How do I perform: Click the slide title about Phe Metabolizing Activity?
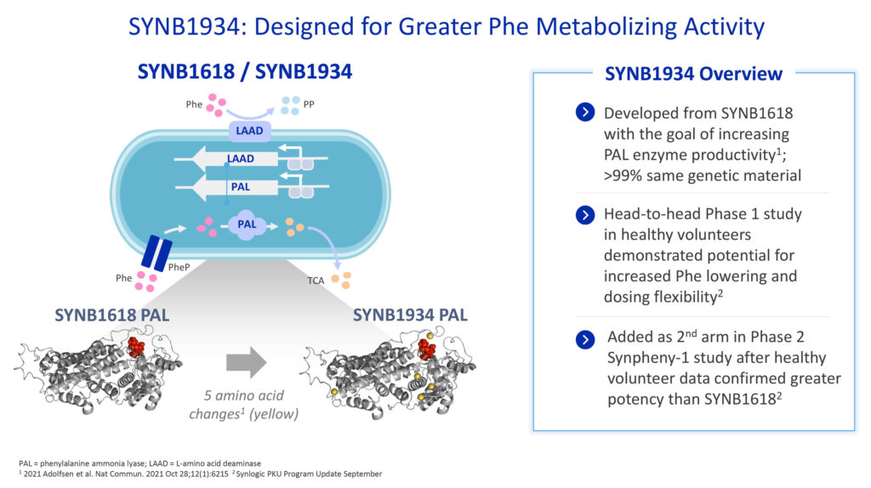click(447, 26)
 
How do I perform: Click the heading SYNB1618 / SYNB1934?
click(244, 71)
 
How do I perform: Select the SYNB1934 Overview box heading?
click(693, 74)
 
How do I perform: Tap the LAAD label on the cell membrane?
click(249, 131)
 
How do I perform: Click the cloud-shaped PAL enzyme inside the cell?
click(247, 224)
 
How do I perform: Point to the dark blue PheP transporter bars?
click(157, 253)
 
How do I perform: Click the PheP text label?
click(179, 267)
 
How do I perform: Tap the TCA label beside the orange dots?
click(316, 281)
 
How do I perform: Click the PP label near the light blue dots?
click(308, 105)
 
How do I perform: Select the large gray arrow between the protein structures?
click(246, 362)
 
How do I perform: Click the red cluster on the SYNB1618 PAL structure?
click(136, 346)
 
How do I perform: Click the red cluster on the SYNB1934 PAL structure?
click(427, 349)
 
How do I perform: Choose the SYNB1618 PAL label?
click(111, 315)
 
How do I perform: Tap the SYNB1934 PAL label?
click(410, 315)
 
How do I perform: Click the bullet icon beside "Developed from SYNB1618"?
click(585, 112)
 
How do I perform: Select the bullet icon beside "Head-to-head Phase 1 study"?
click(585, 215)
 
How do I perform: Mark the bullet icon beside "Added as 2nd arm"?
click(585, 338)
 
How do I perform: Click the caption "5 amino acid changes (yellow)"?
click(244, 405)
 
